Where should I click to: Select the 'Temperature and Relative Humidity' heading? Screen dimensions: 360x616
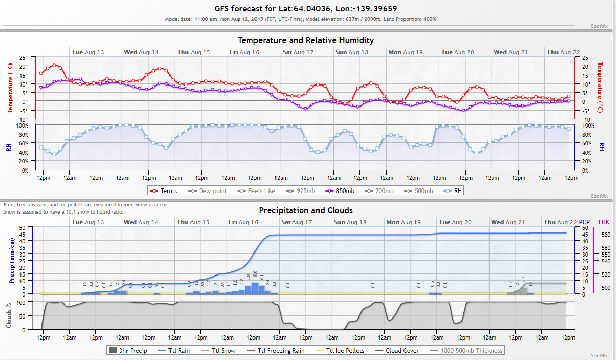[x=305, y=40]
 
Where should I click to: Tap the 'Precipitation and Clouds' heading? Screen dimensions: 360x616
[x=305, y=210]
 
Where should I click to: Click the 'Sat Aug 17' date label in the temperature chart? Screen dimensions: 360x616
[x=297, y=52]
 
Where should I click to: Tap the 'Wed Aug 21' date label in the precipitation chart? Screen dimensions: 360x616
[x=509, y=222]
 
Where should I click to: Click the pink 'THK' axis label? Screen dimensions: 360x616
[x=604, y=222]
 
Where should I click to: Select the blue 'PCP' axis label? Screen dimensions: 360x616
[x=584, y=222]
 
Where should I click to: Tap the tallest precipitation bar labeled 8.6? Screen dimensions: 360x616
[x=255, y=288]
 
